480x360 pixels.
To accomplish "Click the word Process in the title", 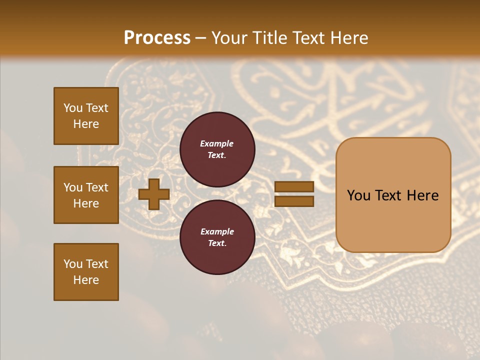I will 157,38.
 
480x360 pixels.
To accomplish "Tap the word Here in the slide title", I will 348,38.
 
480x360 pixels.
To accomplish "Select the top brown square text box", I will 86,116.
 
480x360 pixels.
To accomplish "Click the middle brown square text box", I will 86,195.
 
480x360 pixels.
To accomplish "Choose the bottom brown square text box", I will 86,272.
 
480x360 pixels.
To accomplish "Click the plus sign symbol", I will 154,194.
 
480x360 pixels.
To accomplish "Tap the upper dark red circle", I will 217,149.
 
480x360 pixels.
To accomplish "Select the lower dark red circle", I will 217,237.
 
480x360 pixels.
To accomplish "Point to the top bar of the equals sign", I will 294,187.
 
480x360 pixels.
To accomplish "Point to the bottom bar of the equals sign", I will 294,201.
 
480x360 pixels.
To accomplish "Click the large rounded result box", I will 393,195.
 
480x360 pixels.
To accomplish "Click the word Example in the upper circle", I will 217,143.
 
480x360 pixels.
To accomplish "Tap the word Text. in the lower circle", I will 217,243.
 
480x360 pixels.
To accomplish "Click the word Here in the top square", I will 86,124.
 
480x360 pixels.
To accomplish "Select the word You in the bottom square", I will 72,264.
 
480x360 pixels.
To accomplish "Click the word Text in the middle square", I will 96,187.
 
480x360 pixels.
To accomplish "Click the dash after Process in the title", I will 201,38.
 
